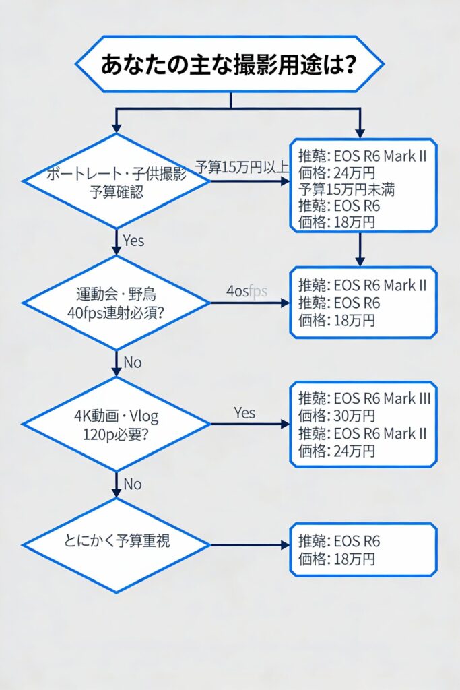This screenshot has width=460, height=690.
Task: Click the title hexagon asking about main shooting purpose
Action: [x=230, y=64]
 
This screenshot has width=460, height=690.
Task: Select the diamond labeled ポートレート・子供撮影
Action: [x=116, y=181]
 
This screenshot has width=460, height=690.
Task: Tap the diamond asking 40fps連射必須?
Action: [x=116, y=303]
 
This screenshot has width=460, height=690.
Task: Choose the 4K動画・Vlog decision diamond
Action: [x=116, y=424]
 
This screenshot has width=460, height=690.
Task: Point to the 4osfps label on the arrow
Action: [x=247, y=291]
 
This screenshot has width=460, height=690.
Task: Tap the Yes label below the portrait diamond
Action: [x=133, y=241]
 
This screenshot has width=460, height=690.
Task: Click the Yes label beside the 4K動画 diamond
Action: [x=245, y=412]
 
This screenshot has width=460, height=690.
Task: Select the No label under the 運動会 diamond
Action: [x=133, y=363]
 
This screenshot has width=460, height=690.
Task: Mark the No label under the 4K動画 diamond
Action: [x=133, y=484]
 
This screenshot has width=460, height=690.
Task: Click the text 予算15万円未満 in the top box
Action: [x=346, y=189]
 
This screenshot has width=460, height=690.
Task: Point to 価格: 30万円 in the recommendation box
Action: [x=337, y=416]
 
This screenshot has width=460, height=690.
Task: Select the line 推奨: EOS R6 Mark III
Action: [x=364, y=398]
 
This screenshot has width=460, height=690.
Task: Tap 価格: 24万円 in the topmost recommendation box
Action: [x=337, y=173]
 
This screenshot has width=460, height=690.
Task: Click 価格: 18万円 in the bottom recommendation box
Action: [x=337, y=559]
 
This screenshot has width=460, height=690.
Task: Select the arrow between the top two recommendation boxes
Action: [x=360, y=249]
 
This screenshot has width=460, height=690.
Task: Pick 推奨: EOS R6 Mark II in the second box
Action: [x=362, y=285]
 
